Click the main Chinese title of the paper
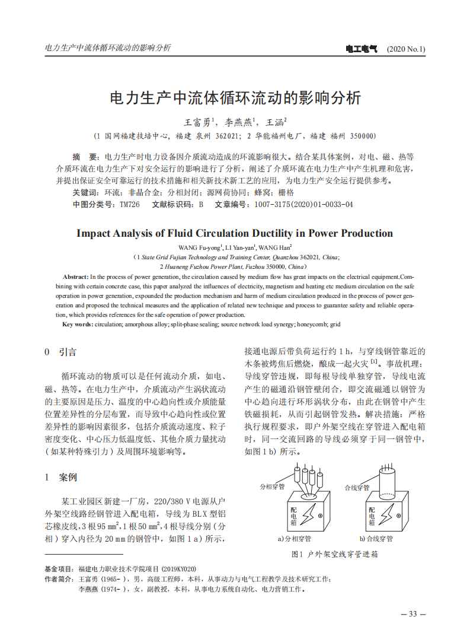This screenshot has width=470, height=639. point(235,97)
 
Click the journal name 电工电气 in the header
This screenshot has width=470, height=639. point(362,48)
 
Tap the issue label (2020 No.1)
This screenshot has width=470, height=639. point(405,48)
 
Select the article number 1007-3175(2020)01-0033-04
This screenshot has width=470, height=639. point(303,204)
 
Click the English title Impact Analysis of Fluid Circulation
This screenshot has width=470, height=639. point(235,233)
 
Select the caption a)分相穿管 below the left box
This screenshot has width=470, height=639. point(295,539)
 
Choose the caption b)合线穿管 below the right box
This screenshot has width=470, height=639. point(376,539)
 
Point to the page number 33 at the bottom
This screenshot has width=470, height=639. point(413,613)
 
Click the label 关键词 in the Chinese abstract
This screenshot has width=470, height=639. point(85,193)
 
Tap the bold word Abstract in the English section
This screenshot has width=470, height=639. point(75,277)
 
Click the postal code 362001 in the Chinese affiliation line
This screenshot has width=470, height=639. point(228,136)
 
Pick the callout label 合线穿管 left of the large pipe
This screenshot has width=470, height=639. point(357,487)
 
